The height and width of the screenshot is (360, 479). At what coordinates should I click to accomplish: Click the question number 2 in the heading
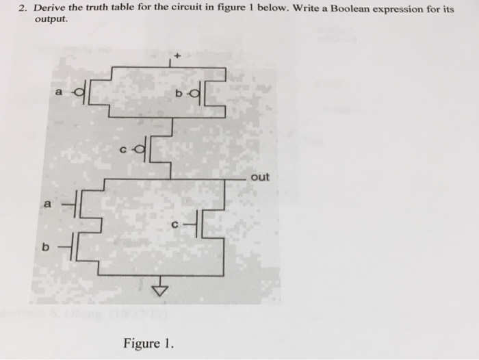coord(21,8)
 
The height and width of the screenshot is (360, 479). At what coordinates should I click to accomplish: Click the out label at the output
coord(260,177)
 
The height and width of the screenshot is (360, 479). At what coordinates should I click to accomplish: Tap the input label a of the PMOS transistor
coord(59,91)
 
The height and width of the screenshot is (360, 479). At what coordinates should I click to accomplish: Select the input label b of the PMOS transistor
coord(177,92)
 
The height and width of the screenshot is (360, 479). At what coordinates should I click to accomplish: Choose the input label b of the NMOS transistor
coord(45,247)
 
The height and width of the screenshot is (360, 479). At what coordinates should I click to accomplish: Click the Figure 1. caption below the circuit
coord(148,342)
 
